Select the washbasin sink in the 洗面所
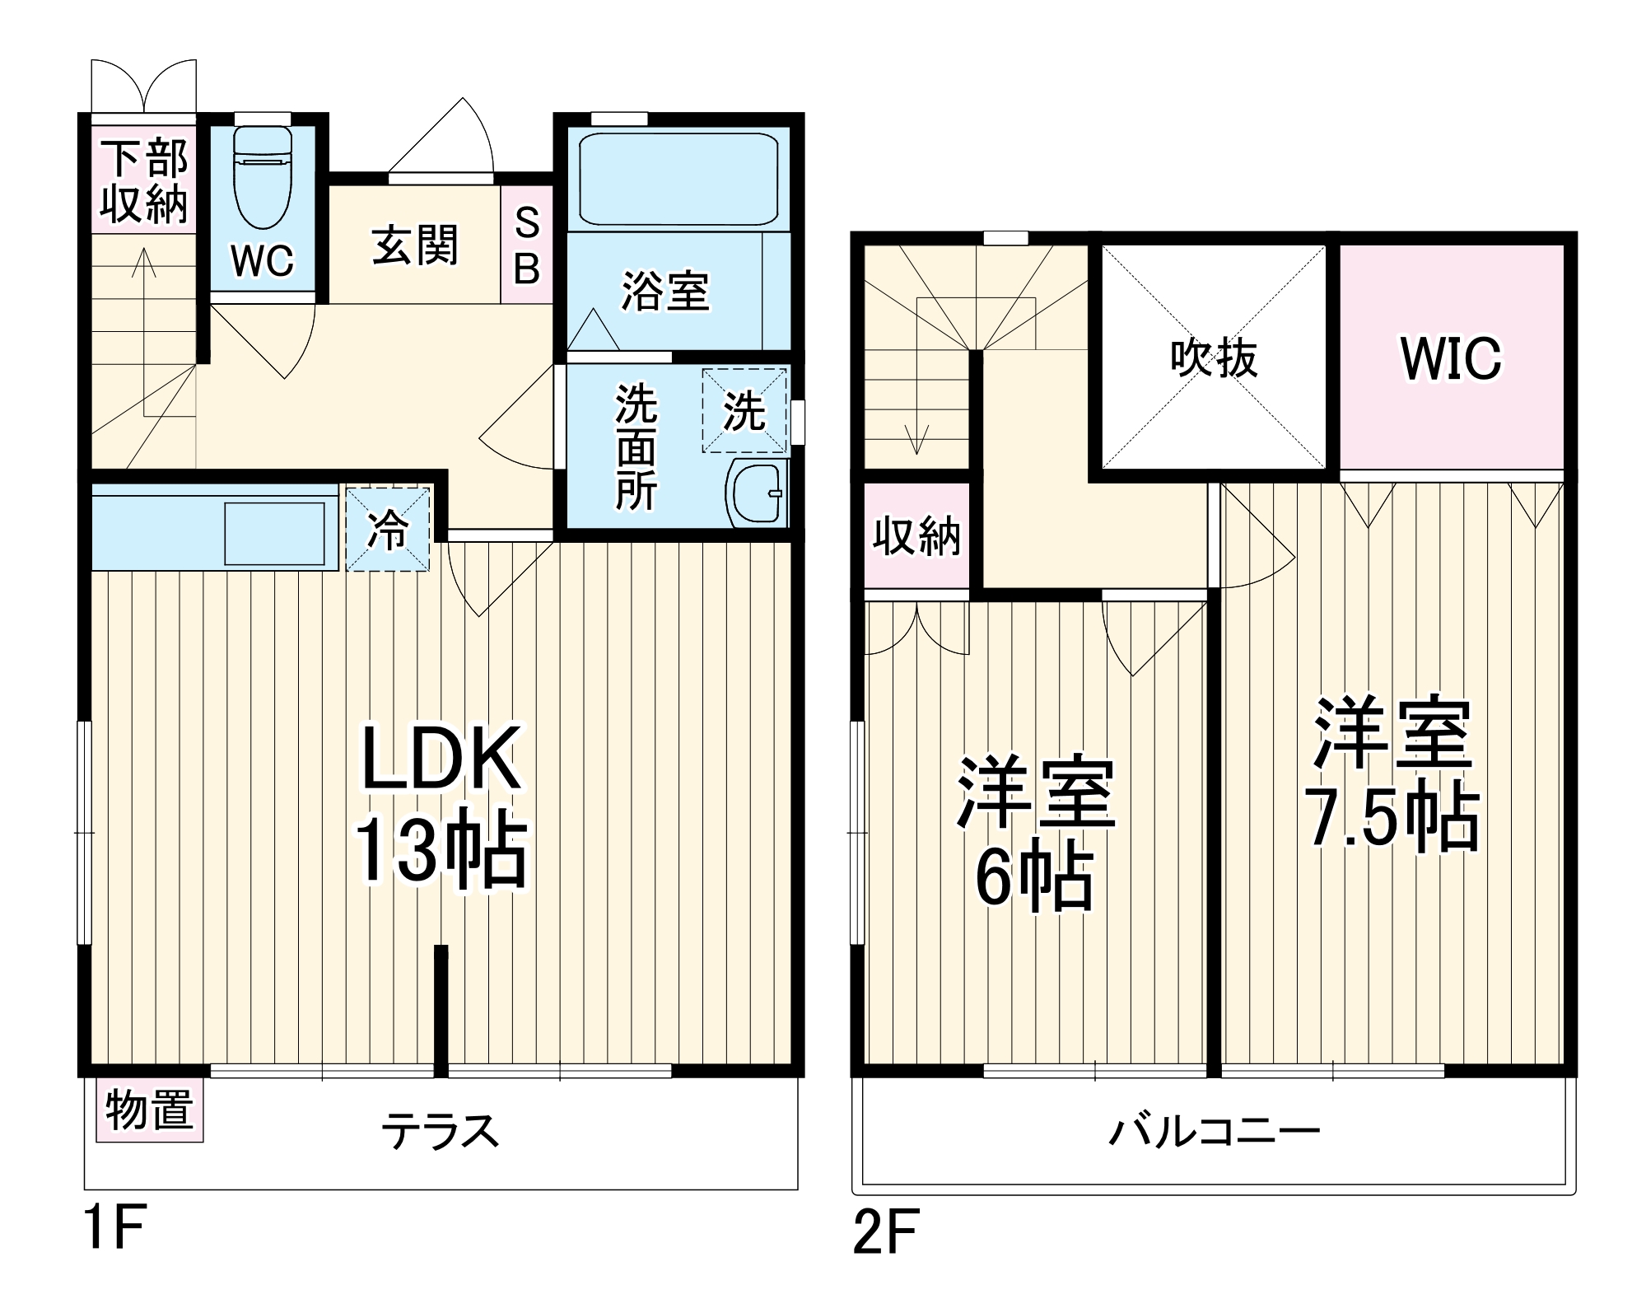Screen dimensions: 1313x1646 tap(755, 493)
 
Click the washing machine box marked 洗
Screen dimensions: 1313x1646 tap(744, 410)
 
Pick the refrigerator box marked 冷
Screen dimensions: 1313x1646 tap(388, 529)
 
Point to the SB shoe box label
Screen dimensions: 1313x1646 tap(526, 245)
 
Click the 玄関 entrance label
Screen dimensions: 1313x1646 tap(414, 245)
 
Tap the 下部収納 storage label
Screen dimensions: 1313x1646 tap(145, 181)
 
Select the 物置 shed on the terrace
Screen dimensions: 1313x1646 tap(149, 1110)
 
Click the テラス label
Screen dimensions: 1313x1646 tap(441, 1132)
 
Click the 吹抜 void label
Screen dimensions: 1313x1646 tap(1214, 359)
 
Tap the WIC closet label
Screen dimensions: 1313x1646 tap(1451, 359)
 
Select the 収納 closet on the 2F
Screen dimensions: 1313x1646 tap(916, 536)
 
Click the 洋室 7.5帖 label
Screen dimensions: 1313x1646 tap(1392, 774)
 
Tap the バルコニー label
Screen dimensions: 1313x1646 tap(1214, 1132)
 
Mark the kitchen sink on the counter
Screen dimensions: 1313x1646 tap(274, 533)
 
